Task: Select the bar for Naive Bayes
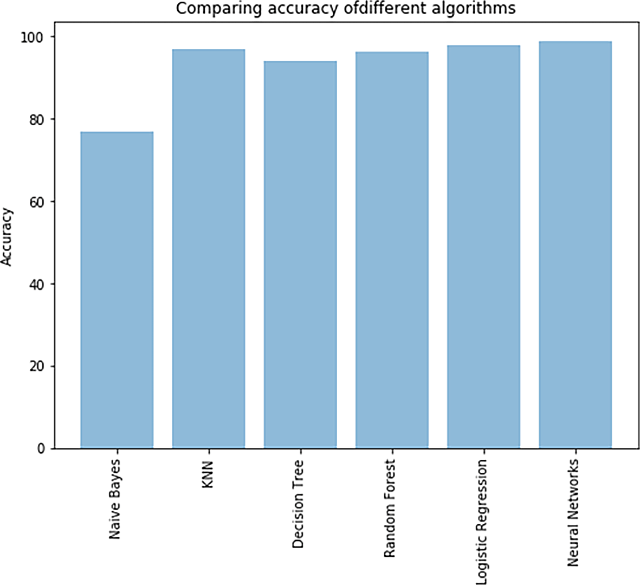pyautogui.click(x=117, y=290)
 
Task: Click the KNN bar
pyautogui.click(x=209, y=249)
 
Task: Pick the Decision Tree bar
pyautogui.click(x=300, y=255)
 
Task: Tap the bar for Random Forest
pyautogui.click(x=392, y=250)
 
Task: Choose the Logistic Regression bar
pyautogui.click(x=483, y=247)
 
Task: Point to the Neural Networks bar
pyautogui.click(x=575, y=245)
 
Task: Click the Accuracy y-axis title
pyautogui.click(x=7, y=237)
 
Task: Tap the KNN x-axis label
pyautogui.click(x=207, y=474)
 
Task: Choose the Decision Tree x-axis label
pyautogui.click(x=298, y=504)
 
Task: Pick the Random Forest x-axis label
pyautogui.click(x=390, y=507)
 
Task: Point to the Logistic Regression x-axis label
pyautogui.click(x=481, y=522)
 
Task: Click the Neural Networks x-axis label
pyautogui.click(x=573, y=512)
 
